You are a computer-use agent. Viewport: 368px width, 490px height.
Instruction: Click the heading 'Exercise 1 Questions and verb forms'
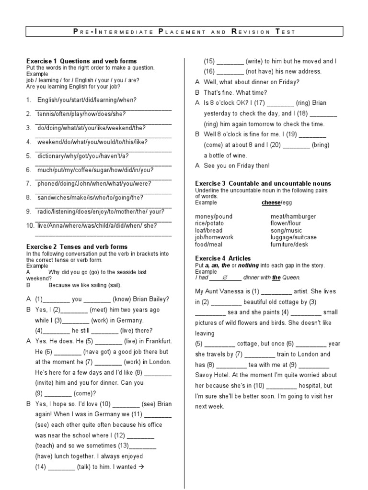tap(81, 61)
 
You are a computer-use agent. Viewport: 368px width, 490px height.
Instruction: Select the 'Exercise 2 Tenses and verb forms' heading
tap(77, 246)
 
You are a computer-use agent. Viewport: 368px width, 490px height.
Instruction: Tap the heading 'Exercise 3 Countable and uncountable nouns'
tap(263, 184)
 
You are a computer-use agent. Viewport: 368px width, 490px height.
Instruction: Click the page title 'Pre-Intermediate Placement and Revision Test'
tap(184, 32)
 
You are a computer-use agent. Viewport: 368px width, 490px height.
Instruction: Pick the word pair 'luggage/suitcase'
tap(293, 237)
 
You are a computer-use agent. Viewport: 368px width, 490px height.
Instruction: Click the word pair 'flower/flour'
tap(286, 223)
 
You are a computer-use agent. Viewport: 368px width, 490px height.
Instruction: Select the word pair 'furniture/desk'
tap(290, 244)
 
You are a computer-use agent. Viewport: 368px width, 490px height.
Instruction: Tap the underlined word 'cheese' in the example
tap(270, 203)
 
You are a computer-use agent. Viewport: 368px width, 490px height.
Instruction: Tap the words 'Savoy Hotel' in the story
tap(214, 375)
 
